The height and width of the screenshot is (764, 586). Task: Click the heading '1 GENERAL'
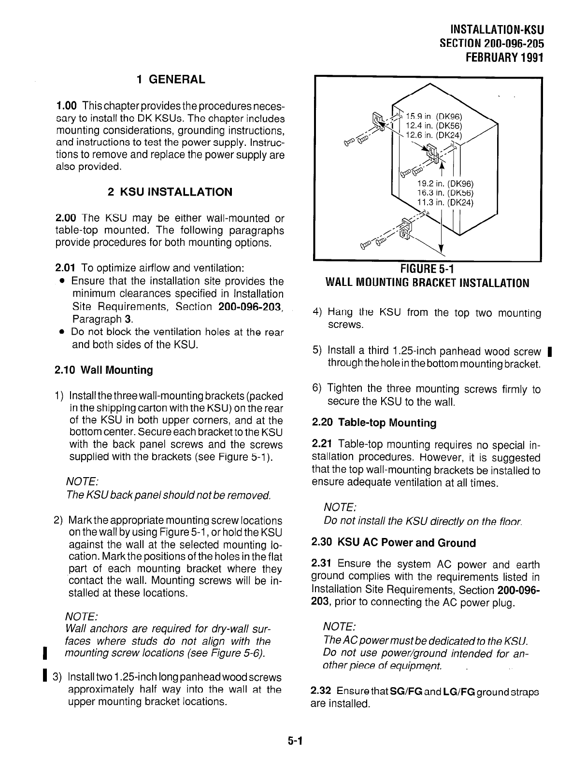(x=171, y=79)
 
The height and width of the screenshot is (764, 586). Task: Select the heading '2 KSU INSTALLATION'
(x=170, y=192)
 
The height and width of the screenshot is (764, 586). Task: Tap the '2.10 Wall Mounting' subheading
(x=104, y=370)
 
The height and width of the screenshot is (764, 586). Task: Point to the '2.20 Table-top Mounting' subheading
(x=374, y=423)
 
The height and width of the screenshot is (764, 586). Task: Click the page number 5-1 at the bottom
(x=293, y=741)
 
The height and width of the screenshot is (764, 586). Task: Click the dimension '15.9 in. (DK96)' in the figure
(x=434, y=116)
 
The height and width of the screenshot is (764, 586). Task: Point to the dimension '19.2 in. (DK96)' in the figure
(x=446, y=184)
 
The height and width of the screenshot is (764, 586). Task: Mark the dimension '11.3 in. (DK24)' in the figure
(x=446, y=202)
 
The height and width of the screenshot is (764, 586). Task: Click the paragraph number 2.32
(x=321, y=692)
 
